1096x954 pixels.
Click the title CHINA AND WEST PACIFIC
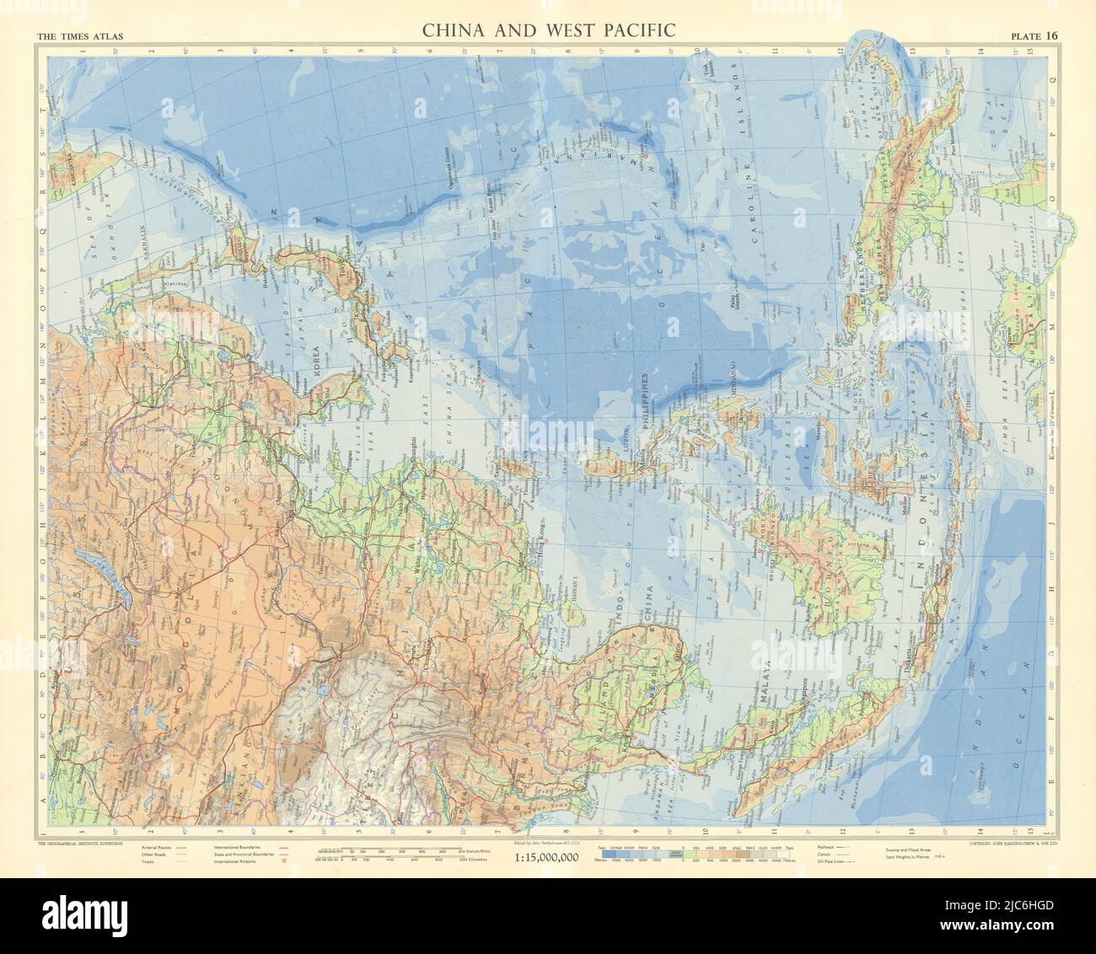click(x=548, y=31)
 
